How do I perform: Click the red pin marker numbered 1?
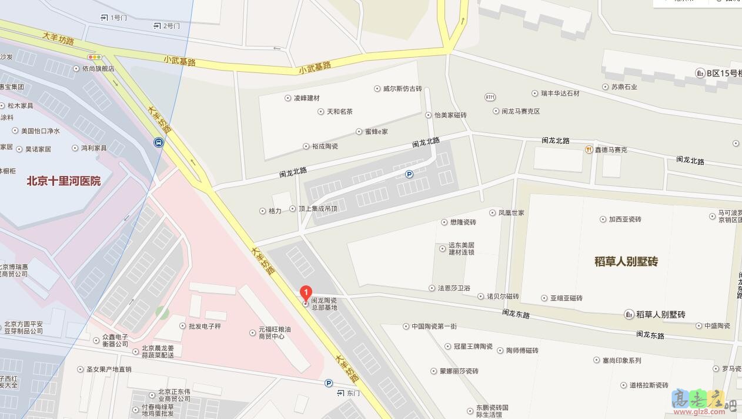tap(306, 292)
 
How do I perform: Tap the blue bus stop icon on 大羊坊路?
tap(159, 142)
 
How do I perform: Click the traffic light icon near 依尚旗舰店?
tap(94, 57)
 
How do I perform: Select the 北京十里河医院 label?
tap(63, 181)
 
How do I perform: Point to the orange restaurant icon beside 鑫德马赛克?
tap(588, 149)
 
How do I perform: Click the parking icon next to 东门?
tap(329, 383)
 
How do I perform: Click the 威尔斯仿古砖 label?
tap(402, 89)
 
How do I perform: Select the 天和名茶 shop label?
tap(339, 111)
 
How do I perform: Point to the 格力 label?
tap(275, 211)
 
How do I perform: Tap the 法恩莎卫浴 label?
tap(453, 288)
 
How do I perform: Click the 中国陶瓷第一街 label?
tap(434, 326)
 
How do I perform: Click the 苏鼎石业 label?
tap(624, 87)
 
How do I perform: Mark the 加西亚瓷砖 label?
tap(624, 220)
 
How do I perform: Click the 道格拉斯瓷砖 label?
tap(649, 385)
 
